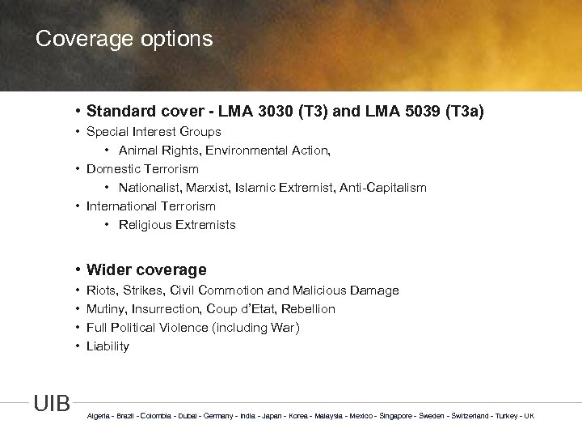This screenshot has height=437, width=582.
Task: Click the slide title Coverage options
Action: (x=124, y=39)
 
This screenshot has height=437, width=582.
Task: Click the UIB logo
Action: (x=52, y=403)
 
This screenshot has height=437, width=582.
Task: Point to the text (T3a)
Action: (x=462, y=111)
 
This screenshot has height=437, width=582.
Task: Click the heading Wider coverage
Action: (x=145, y=270)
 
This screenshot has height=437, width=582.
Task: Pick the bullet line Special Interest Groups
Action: (x=154, y=131)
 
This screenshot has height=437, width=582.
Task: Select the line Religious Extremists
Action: (x=177, y=225)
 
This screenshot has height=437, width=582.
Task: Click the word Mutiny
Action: (x=105, y=309)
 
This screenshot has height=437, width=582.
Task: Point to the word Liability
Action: (x=108, y=346)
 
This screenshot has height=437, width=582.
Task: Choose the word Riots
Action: (x=102, y=291)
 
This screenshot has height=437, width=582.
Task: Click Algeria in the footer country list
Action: (x=98, y=416)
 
